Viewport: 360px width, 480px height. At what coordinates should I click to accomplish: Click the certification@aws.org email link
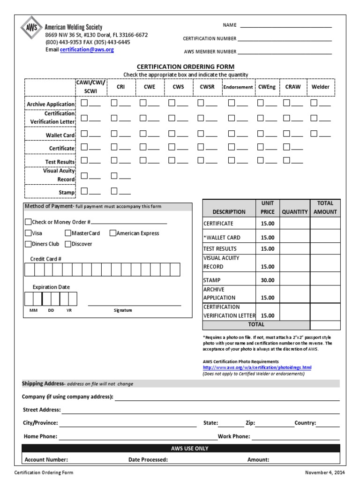click(x=87, y=49)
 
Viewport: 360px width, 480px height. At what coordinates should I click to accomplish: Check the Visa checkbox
click(x=28, y=233)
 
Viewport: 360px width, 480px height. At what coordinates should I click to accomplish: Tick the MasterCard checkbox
click(x=68, y=233)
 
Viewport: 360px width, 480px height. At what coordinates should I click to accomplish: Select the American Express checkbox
click(x=113, y=233)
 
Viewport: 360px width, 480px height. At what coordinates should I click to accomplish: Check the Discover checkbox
click(x=68, y=244)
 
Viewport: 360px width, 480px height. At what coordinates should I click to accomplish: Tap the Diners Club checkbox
click(x=28, y=244)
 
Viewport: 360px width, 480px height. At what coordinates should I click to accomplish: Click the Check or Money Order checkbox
click(x=28, y=222)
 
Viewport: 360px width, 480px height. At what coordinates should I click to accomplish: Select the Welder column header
click(x=321, y=87)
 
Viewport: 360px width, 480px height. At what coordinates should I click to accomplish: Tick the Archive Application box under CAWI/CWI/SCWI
click(x=84, y=103)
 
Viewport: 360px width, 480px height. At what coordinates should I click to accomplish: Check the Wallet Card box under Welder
click(x=314, y=134)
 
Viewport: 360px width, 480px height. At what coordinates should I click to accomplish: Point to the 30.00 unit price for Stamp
click(x=268, y=280)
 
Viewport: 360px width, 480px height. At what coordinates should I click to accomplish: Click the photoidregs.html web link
click(x=257, y=367)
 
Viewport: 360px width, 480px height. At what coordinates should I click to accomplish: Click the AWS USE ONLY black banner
click(x=181, y=449)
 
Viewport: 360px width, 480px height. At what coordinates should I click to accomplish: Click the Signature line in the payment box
click(x=134, y=305)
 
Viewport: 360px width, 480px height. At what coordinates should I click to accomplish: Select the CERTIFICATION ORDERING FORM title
click(x=185, y=67)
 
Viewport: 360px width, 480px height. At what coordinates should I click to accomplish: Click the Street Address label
click(x=42, y=410)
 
